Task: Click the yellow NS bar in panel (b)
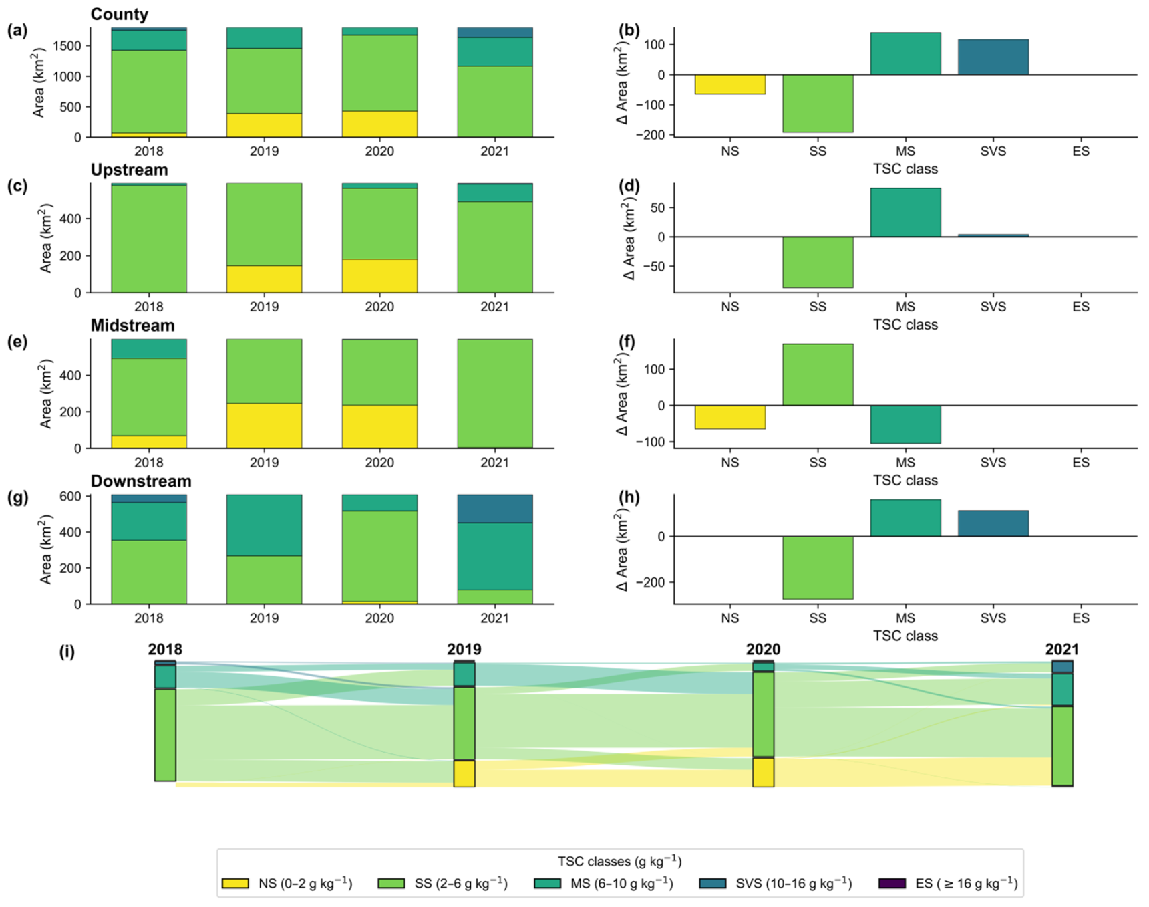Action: (x=729, y=84)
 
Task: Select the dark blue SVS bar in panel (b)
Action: (x=993, y=57)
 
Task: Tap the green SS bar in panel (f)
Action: (x=818, y=374)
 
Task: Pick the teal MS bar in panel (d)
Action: (x=905, y=213)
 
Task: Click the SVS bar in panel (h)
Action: (x=993, y=523)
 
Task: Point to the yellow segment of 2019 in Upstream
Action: (x=264, y=279)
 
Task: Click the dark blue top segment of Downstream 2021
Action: (x=495, y=509)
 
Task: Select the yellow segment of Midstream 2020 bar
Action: (x=379, y=426)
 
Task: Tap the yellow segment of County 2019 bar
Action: (x=264, y=125)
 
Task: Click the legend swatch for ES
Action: (x=892, y=883)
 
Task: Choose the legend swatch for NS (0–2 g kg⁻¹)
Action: (x=235, y=883)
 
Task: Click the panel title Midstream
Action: (x=132, y=326)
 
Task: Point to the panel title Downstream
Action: (x=141, y=481)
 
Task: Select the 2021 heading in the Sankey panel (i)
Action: (x=1061, y=650)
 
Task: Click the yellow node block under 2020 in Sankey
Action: (x=763, y=772)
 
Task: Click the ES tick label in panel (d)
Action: (x=1080, y=307)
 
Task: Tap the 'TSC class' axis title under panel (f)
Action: (x=905, y=480)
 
